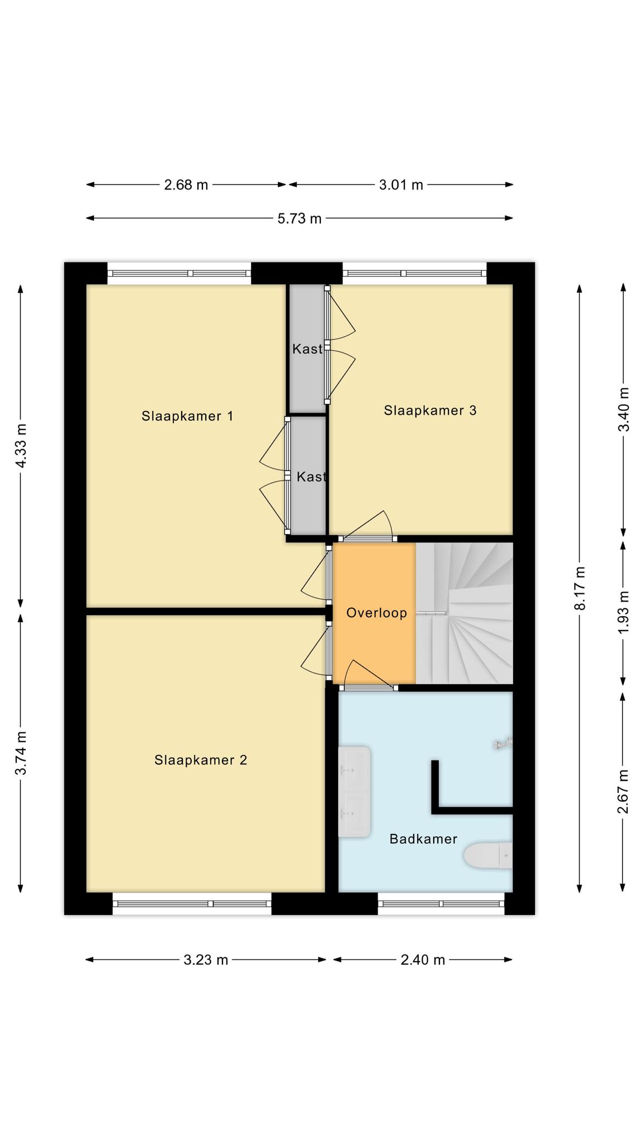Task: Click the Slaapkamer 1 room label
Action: tap(187, 416)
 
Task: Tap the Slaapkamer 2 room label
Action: tap(201, 760)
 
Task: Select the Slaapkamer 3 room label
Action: tap(430, 411)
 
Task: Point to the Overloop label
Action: tap(376, 613)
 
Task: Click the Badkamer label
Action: tap(423, 839)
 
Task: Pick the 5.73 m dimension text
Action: tap(300, 218)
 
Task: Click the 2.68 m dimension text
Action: tap(186, 185)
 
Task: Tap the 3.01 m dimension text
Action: tap(401, 185)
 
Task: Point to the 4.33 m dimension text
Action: tap(21, 446)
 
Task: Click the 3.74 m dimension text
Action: tap(21, 754)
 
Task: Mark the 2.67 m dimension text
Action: tap(624, 792)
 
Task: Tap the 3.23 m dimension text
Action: tap(206, 960)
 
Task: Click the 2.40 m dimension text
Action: tap(423, 960)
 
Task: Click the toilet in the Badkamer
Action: tap(488, 855)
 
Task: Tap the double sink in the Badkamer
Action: tap(354, 792)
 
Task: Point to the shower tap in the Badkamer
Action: tap(503, 743)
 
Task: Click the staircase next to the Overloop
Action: tap(465, 613)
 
